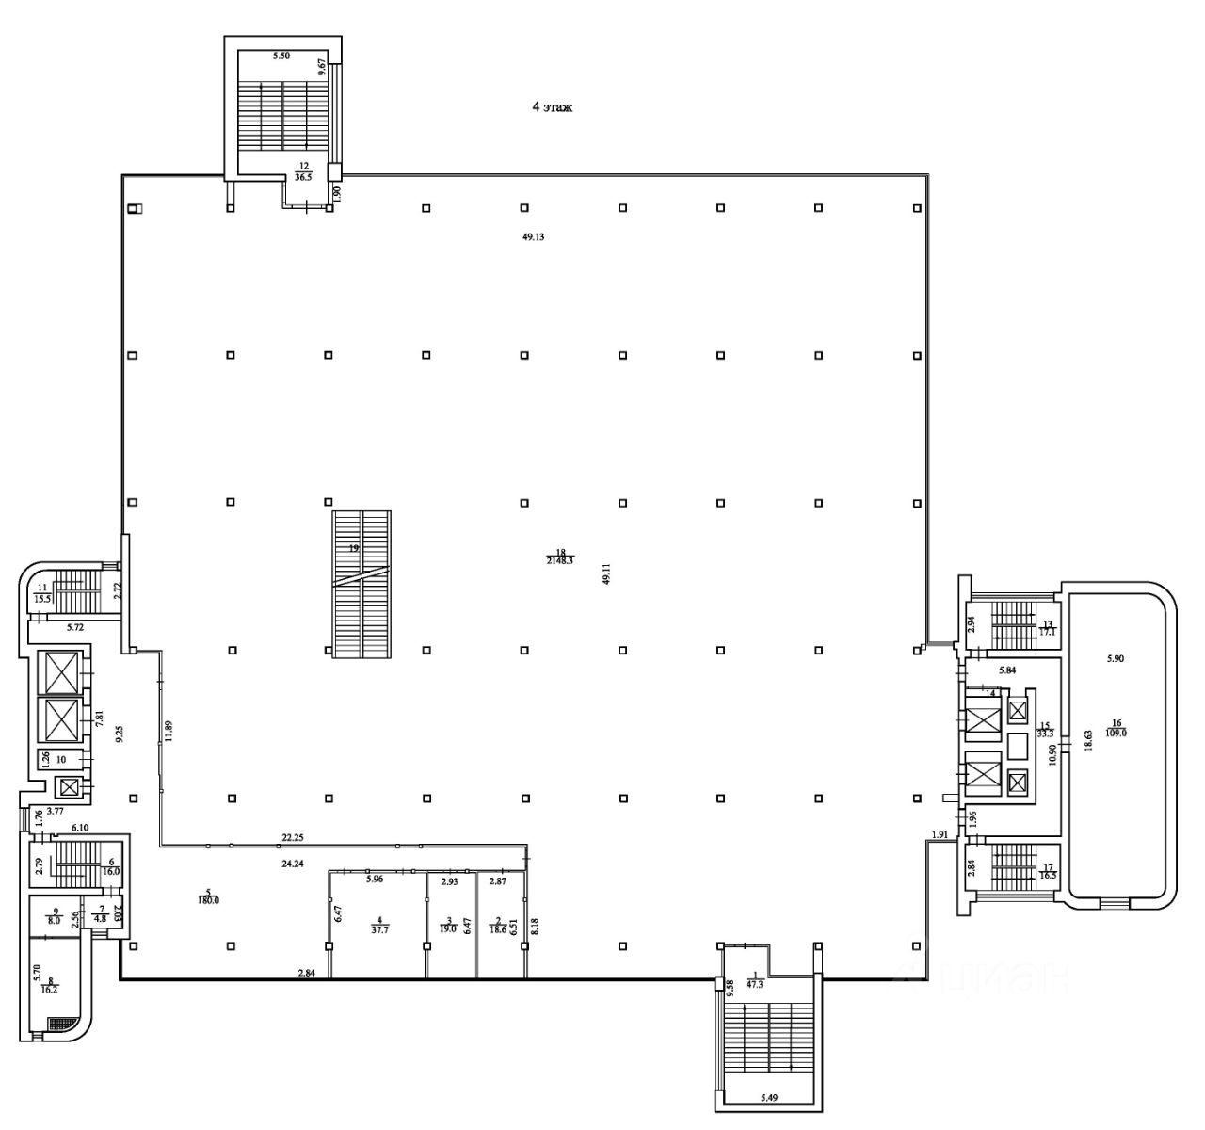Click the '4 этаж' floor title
click(553, 108)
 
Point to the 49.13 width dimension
click(534, 237)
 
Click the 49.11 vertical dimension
click(607, 573)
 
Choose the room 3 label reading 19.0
click(448, 925)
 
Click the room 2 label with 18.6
click(499, 925)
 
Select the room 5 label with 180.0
click(206, 896)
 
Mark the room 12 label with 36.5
click(303, 170)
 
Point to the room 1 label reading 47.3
click(753, 982)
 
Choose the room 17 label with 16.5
click(1047, 871)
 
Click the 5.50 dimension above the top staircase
click(281, 56)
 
